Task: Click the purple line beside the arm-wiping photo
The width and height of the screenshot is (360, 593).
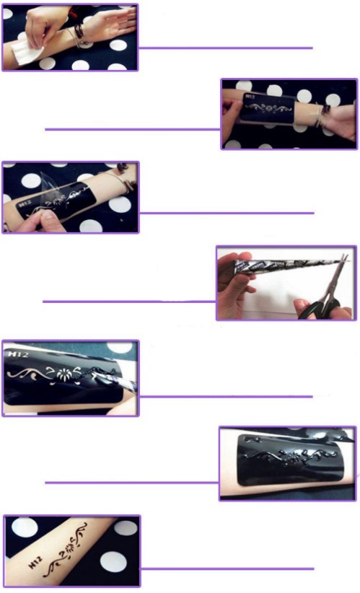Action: (x=225, y=48)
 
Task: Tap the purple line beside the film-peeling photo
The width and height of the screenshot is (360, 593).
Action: (x=227, y=213)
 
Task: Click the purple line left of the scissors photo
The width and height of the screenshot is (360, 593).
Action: (x=129, y=302)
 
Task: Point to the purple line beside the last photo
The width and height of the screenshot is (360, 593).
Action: (x=227, y=568)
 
